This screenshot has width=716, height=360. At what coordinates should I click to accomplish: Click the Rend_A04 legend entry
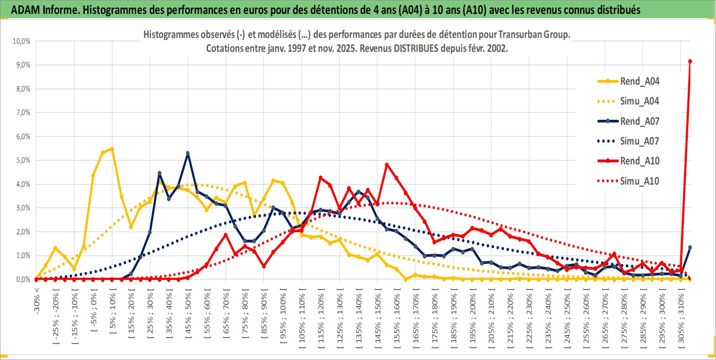pyautogui.click(x=639, y=81)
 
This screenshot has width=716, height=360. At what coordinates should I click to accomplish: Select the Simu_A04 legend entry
pyautogui.click(x=639, y=101)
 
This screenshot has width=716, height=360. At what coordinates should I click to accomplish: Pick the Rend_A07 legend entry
pyautogui.click(x=639, y=121)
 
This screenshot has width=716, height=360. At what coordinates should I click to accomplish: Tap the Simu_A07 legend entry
pyautogui.click(x=639, y=141)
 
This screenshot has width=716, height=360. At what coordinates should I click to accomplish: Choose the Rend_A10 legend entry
pyautogui.click(x=639, y=161)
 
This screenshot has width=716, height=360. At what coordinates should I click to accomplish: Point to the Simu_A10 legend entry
pyautogui.click(x=639, y=181)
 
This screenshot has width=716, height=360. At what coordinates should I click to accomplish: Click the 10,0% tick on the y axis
pyautogui.click(x=22, y=41)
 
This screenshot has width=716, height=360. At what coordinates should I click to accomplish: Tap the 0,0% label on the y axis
pyautogui.click(x=23, y=279)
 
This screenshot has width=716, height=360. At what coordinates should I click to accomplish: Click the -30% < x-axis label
pyautogui.click(x=37, y=300)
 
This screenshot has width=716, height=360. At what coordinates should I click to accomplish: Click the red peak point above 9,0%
pyautogui.click(x=690, y=62)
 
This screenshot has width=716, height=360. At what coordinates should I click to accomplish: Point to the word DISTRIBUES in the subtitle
pyautogui.click(x=416, y=48)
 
